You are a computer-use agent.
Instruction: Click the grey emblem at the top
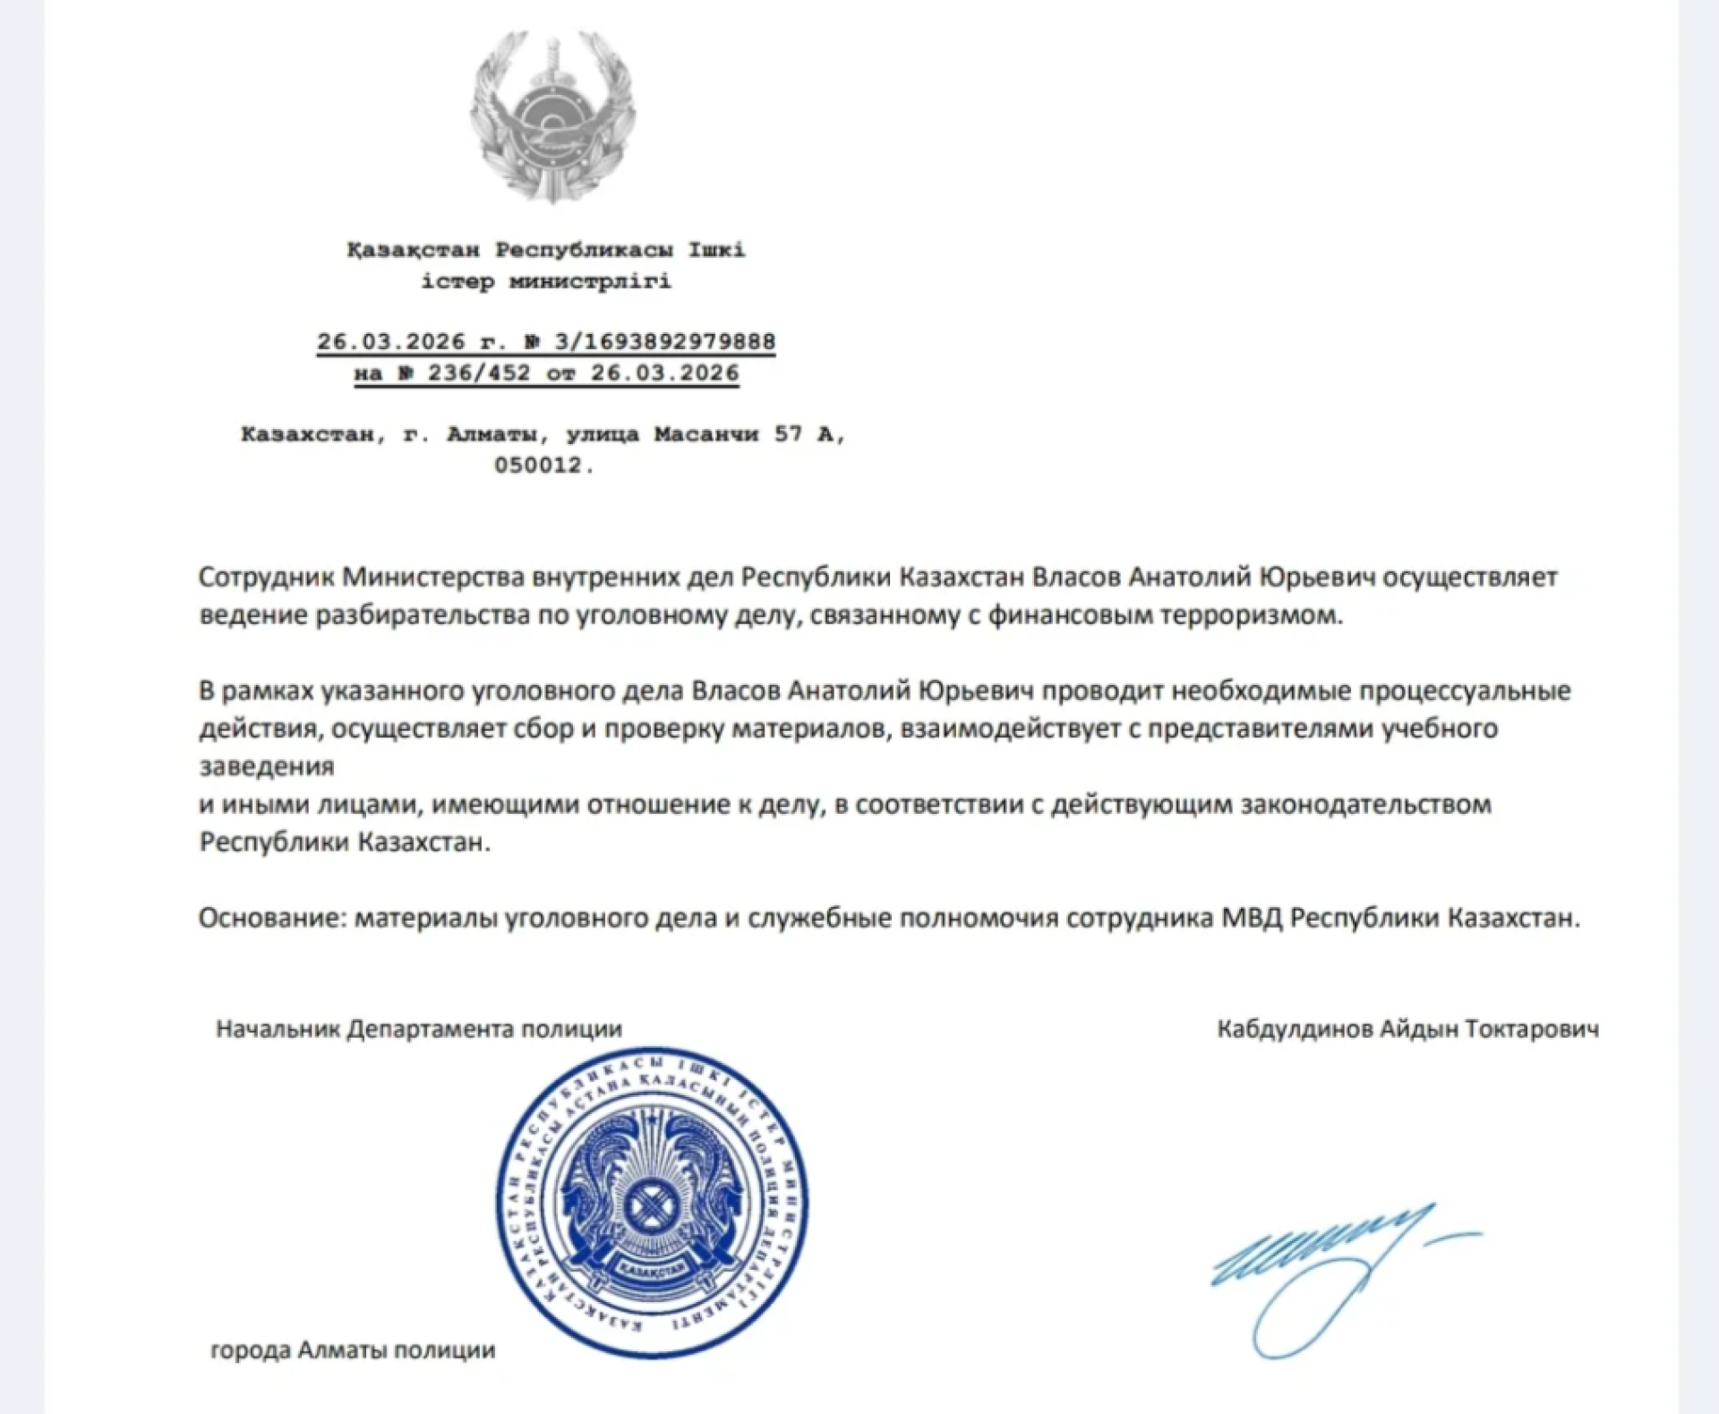click(553, 116)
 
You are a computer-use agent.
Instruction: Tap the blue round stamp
click(652, 1201)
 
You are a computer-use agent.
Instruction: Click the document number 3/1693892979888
click(665, 341)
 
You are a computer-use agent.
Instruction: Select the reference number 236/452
click(479, 373)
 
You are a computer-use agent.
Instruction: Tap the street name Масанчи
click(706, 434)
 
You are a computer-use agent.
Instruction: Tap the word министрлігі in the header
click(590, 281)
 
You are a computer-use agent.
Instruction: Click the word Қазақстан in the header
click(414, 250)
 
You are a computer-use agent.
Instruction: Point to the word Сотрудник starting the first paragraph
click(267, 577)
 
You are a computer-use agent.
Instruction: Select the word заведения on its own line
click(266, 767)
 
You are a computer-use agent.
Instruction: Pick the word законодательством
click(1365, 804)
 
